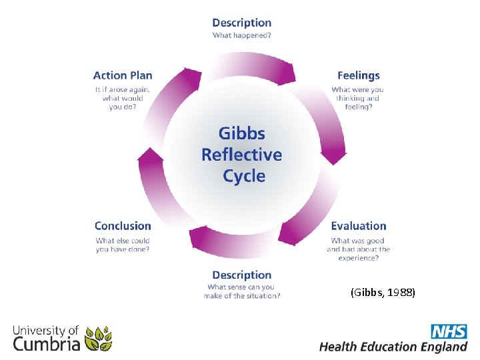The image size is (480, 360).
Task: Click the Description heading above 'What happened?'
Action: (241, 23)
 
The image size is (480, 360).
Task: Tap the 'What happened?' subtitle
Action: (241, 35)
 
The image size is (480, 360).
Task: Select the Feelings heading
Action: (358, 75)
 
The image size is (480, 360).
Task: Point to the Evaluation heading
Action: (358, 226)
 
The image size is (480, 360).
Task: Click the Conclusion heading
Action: (123, 226)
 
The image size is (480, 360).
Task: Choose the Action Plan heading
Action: (123, 75)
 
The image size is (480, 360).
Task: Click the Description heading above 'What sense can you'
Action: (241, 275)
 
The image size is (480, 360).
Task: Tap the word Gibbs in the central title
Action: (242, 133)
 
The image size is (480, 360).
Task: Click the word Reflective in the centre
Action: (242, 155)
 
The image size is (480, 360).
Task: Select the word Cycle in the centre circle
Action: (244, 176)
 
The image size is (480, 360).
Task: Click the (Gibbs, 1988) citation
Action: (382, 292)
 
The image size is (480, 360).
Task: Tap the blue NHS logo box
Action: (449, 331)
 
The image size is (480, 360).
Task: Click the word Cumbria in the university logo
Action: (47, 344)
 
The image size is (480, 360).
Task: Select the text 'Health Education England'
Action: (393, 347)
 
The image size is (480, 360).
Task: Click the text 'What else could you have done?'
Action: (123, 245)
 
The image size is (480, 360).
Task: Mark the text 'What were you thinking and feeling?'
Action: (358, 98)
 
